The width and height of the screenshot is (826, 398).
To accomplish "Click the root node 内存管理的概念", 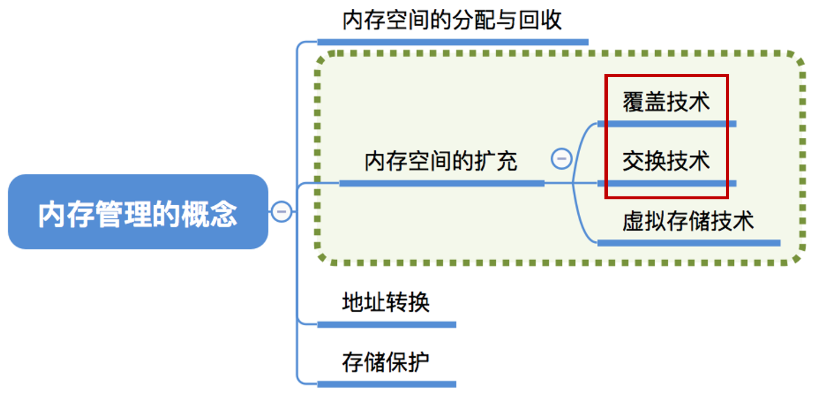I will (x=138, y=212).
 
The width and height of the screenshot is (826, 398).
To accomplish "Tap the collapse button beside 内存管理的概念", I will (x=281, y=211).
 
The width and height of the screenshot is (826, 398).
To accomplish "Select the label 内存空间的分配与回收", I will (x=452, y=21).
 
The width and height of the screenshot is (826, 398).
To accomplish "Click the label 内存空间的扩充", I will (x=441, y=161).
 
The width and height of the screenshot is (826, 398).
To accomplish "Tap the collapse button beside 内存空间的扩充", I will (x=561, y=158).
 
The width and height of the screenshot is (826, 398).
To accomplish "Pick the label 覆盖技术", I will (x=666, y=102).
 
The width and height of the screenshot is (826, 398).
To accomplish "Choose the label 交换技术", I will (x=666, y=161).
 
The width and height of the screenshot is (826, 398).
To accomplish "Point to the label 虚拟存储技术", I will (x=688, y=221).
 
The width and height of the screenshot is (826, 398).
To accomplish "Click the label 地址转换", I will (x=385, y=303).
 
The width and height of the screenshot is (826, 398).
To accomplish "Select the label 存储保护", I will (x=385, y=363).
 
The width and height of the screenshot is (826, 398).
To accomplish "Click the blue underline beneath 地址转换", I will (x=386, y=324).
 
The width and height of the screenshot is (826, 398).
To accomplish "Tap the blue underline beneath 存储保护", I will (x=386, y=384).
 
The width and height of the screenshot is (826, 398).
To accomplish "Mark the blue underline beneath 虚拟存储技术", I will (x=688, y=242).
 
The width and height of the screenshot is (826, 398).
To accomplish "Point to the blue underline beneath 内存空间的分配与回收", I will (x=453, y=41).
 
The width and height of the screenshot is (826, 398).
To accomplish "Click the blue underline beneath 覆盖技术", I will (x=666, y=124).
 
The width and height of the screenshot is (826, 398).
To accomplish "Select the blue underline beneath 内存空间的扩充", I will (x=441, y=183).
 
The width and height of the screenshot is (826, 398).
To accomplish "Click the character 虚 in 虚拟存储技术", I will (x=633, y=221).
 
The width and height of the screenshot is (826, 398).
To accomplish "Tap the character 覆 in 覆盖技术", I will (x=633, y=102).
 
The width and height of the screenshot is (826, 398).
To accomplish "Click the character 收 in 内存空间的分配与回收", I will (x=551, y=21).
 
